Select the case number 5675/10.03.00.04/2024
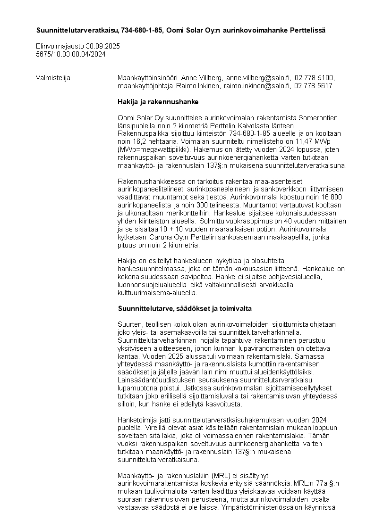pos(70,54)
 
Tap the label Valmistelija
pos(53,78)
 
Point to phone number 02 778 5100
pos(314,78)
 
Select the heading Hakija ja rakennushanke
pos(158,101)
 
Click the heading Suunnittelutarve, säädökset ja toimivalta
pos(185,308)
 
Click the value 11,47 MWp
pos(318,141)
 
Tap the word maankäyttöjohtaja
pos(146,85)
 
